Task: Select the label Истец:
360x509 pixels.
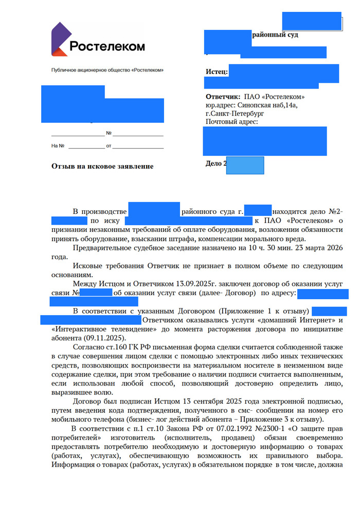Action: click(217, 72)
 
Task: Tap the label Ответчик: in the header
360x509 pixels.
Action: click(222, 97)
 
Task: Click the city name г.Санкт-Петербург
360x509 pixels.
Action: click(235, 113)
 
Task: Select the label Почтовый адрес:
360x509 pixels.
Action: click(231, 122)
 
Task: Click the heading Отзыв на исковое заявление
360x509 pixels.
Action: click(102, 166)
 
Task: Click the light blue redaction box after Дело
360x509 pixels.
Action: click(245, 165)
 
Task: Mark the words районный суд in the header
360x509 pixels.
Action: click(275, 35)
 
